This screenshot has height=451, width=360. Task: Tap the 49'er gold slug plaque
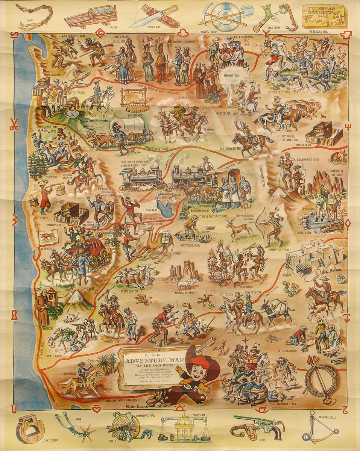324,16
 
